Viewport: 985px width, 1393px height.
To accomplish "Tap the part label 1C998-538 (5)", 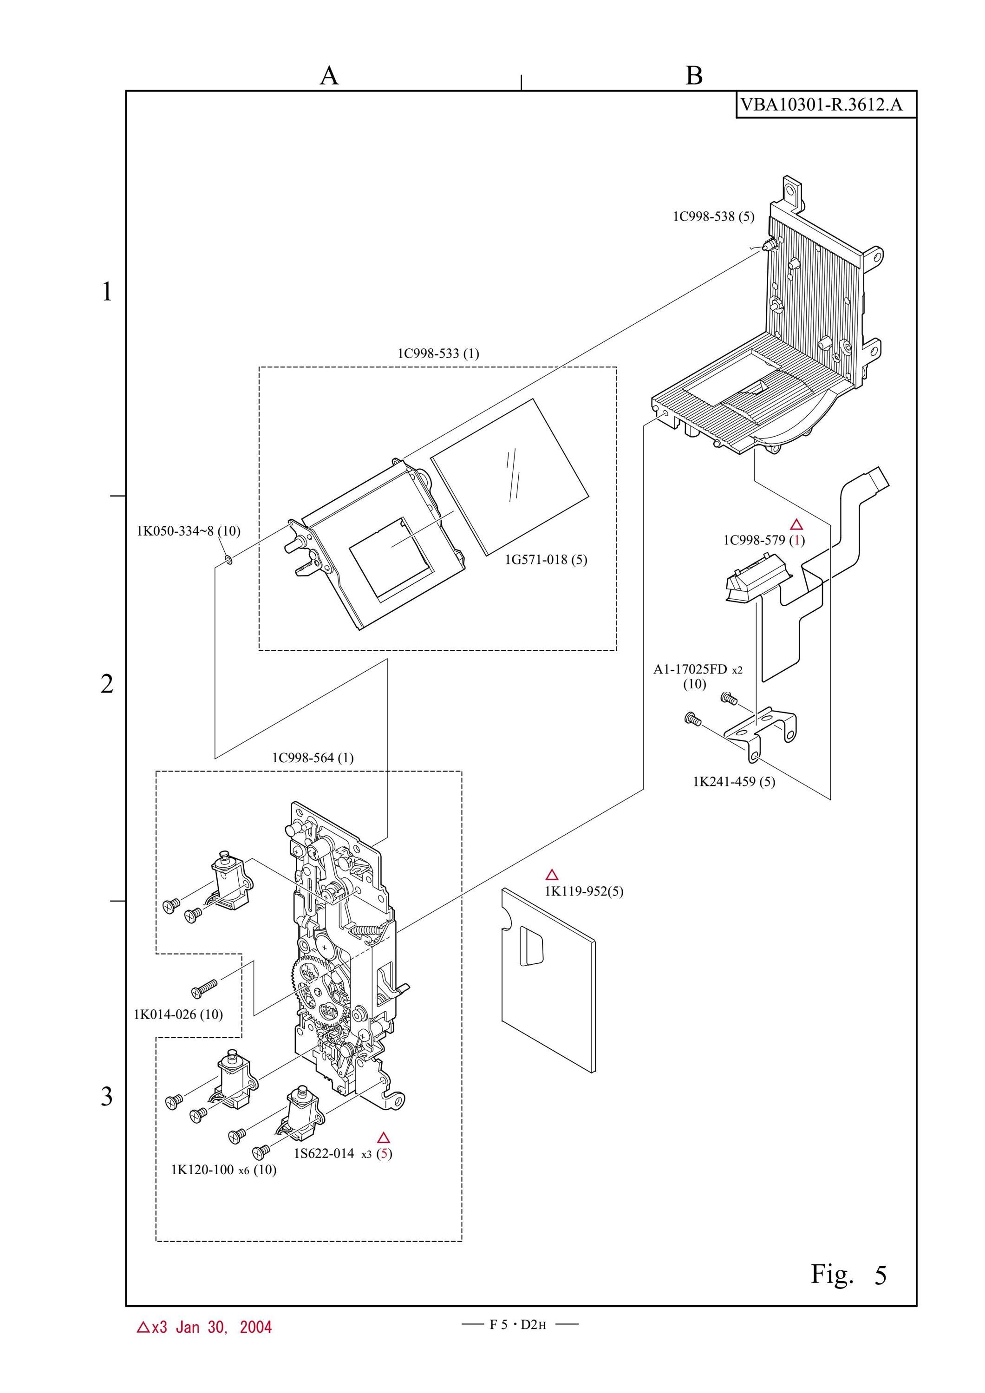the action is (x=713, y=216).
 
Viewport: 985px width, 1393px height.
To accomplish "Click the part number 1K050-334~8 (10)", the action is (x=188, y=531).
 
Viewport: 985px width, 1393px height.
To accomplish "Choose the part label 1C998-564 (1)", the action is (x=313, y=758).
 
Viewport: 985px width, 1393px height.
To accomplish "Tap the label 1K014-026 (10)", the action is (x=178, y=1014).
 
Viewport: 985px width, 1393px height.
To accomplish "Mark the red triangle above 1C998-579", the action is (x=796, y=525).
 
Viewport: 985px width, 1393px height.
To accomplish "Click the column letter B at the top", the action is (x=694, y=76).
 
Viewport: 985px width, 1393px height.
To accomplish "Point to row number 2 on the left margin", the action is (x=107, y=684).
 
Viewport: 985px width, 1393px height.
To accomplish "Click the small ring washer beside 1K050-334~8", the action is (x=228, y=558).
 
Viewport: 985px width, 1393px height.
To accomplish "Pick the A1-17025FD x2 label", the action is (x=698, y=670).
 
